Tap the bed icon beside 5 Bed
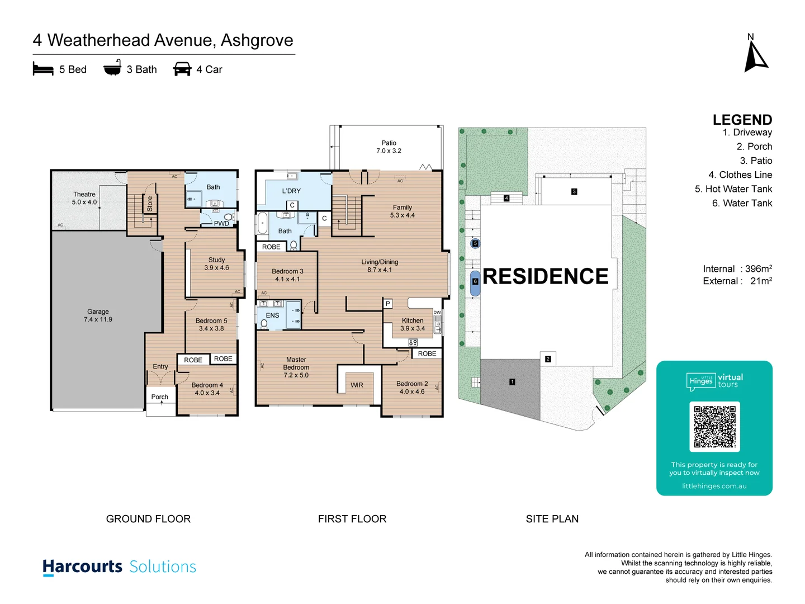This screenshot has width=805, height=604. coord(43,69)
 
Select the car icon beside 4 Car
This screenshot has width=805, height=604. coord(182,69)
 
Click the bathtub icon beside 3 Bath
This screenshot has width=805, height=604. coord(112,68)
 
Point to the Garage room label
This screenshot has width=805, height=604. coord(98,315)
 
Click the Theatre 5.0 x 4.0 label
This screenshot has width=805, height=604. coord(84,199)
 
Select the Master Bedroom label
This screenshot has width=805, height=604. coord(296,367)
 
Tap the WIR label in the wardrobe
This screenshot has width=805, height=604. coord(357,385)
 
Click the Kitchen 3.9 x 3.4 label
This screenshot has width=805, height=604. coord(413,324)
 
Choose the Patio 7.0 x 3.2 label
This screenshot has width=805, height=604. coord(389,147)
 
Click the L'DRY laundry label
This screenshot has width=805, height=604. coord(291,191)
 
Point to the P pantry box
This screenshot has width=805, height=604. coord(387,304)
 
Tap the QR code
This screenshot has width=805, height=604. coord(714,427)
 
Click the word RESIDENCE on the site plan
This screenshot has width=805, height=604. coord(545,276)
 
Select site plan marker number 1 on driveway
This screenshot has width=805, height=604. coord(512,382)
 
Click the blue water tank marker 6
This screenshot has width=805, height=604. coord(475,282)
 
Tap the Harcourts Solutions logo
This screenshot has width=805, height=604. coord(120,567)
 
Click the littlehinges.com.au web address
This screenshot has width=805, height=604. coord(714,486)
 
